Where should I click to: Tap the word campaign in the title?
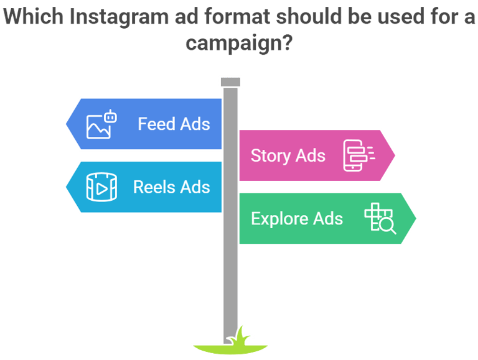click(233, 44)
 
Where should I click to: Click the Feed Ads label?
click(174, 124)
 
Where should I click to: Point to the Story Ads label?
click(288, 155)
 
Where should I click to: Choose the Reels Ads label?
click(171, 187)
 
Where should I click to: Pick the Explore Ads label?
click(296, 219)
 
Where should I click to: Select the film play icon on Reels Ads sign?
click(101, 187)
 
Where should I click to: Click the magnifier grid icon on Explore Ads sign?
click(380, 218)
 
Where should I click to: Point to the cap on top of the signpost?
click(230, 81)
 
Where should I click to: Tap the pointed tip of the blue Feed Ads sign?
click(67, 123)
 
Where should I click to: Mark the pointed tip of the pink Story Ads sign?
click(395, 155)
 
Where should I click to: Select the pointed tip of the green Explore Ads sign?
click(416, 218)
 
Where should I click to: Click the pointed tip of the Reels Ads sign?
click(67, 187)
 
